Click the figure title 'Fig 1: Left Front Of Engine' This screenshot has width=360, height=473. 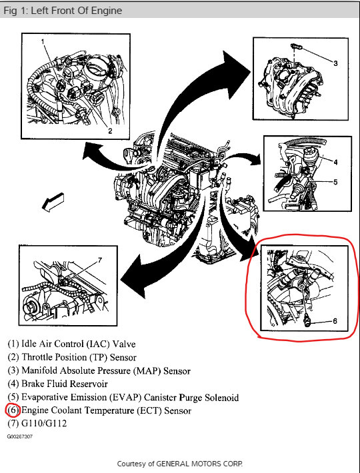coord(63,11)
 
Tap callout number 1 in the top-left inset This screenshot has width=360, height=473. coord(43,41)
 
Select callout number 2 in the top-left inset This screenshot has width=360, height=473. coord(110,131)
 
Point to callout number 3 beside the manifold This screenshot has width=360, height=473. coord(335,63)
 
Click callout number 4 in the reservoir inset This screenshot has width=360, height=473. coord(335,162)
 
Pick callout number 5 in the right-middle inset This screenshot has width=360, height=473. coord(335,182)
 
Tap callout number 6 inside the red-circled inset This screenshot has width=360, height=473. coord(335,321)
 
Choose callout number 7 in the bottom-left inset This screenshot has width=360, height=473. coord(100,260)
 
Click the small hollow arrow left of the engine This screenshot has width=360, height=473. coord(53,202)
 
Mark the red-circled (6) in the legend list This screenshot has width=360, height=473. coord(13,410)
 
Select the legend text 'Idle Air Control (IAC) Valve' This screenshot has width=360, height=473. coord(79,344)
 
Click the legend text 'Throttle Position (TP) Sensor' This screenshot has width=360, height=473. coord(79,357)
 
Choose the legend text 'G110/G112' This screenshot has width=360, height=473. coord(44,423)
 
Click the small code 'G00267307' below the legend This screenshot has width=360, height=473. coord(20,436)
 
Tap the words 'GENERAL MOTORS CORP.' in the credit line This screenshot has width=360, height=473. coord(199,464)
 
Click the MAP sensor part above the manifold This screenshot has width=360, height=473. coord(296,47)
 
